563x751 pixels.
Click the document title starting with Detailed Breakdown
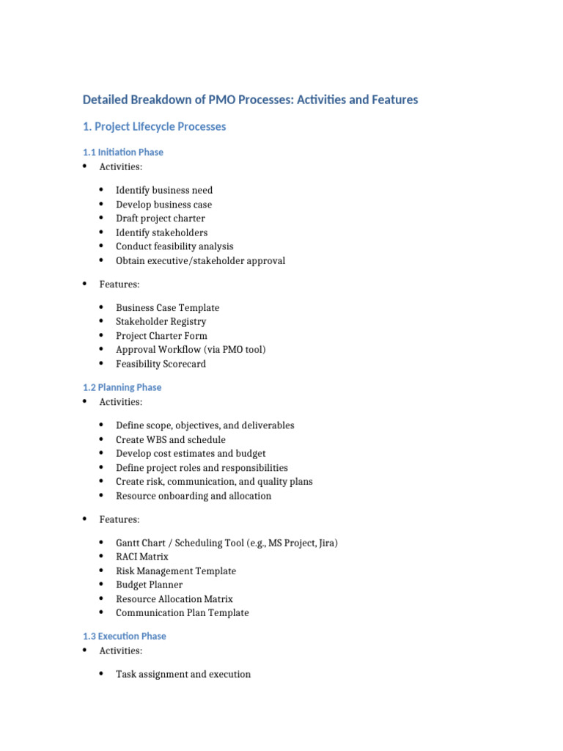[250, 100]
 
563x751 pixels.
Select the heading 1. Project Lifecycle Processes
[155, 127]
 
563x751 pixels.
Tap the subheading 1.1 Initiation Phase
[123, 153]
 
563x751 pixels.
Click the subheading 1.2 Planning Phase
[122, 387]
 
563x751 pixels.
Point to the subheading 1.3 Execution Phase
[125, 637]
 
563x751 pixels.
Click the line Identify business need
[164, 191]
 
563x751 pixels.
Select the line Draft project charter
[161, 219]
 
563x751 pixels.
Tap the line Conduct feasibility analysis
[174, 246]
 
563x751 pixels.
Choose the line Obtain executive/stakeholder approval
[200, 261]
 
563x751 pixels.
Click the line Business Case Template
[167, 308]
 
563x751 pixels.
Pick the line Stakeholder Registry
[161, 322]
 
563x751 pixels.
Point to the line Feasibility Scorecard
[161, 364]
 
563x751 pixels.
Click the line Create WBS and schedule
[170, 440]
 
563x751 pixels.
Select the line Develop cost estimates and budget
[191, 454]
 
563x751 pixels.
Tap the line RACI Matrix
[141, 557]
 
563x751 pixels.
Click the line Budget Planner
[149, 585]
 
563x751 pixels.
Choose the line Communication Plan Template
[182, 613]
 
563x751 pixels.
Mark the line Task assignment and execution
[183, 675]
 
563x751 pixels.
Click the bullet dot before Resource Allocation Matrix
[100, 598]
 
